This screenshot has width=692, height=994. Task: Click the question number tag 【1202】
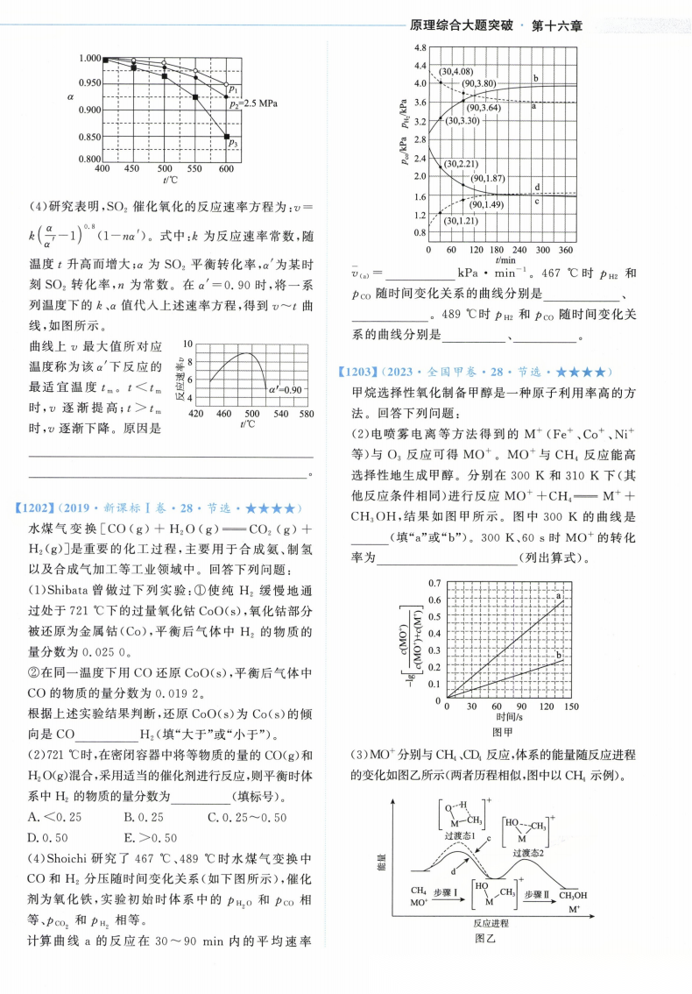36,508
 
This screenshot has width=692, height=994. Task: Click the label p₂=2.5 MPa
252,103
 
